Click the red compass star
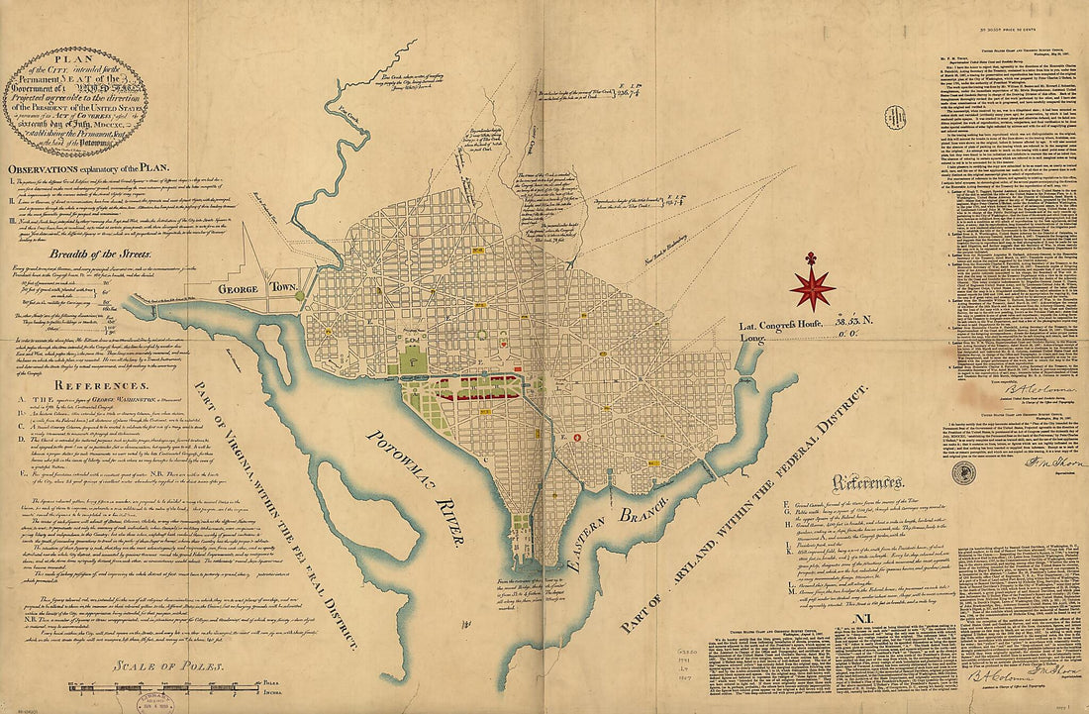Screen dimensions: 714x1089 [812, 286]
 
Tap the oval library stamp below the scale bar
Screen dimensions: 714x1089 [148, 700]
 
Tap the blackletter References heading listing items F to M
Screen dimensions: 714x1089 [867, 483]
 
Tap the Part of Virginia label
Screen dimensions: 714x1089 [296, 515]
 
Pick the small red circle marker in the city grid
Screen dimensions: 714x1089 [576, 437]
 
